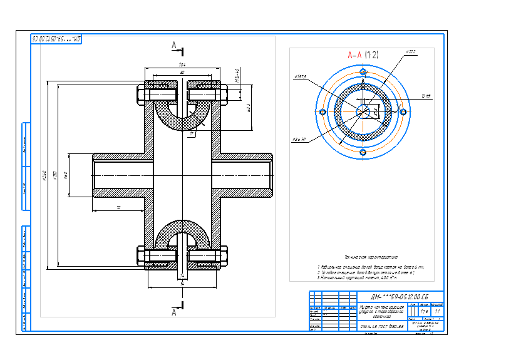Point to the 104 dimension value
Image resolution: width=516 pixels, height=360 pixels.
pos(182,64)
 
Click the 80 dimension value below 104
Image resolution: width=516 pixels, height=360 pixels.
pos(182,73)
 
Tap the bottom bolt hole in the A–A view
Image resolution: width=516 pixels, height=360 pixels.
pos(362,152)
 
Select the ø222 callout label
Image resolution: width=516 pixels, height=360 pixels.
pos(411,51)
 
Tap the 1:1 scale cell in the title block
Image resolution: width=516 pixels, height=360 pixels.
pos(436,311)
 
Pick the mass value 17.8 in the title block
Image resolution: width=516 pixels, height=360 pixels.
pos(424,311)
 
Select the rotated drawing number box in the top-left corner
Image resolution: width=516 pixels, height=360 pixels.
pos(57,39)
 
